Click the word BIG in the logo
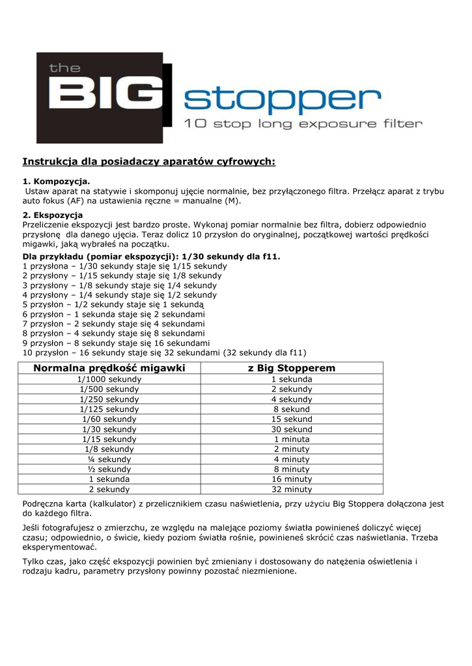pos(104,98)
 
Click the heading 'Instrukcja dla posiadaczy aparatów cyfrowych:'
pos(149,161)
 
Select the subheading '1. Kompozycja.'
pos(57,181)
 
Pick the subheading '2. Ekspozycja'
pos(53,215)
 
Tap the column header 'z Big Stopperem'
pos(292,368)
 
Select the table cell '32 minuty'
pos(292,489)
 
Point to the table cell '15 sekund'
pos(292,420)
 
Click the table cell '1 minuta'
pos(292,439)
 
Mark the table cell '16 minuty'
pos(292,479)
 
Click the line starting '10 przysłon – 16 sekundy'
pos(164,353)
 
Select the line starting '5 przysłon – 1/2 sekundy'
pos(113,304)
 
